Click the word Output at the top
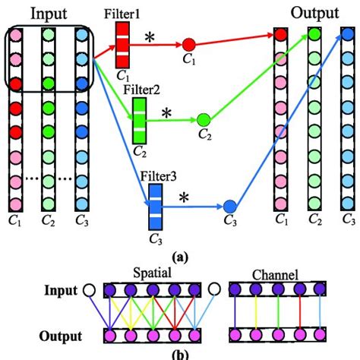tap(314, 13)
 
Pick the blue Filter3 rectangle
tap(156, 206)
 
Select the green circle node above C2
tap(203, 120)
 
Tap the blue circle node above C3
tap(231, 206)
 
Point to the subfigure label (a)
tap(180, 257)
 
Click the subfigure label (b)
tap(180, 354)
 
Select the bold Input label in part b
tap(64, 289)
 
